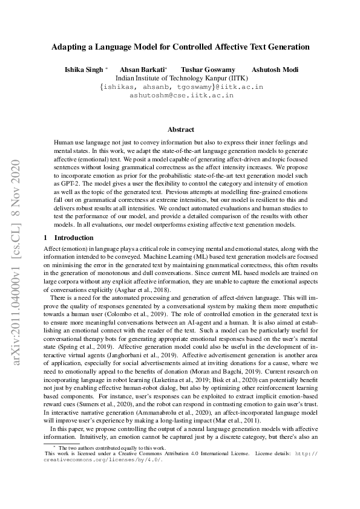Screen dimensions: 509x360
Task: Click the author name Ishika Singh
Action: pyautogui.click(x=84, y=70)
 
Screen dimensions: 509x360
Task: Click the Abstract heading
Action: pyautogui.click(x=180, y=129)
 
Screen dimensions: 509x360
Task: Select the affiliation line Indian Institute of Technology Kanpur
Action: pyautogui.click(x=180, y=78)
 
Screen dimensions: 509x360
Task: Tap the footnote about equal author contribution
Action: pyautogui.click(x=103, y=446)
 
